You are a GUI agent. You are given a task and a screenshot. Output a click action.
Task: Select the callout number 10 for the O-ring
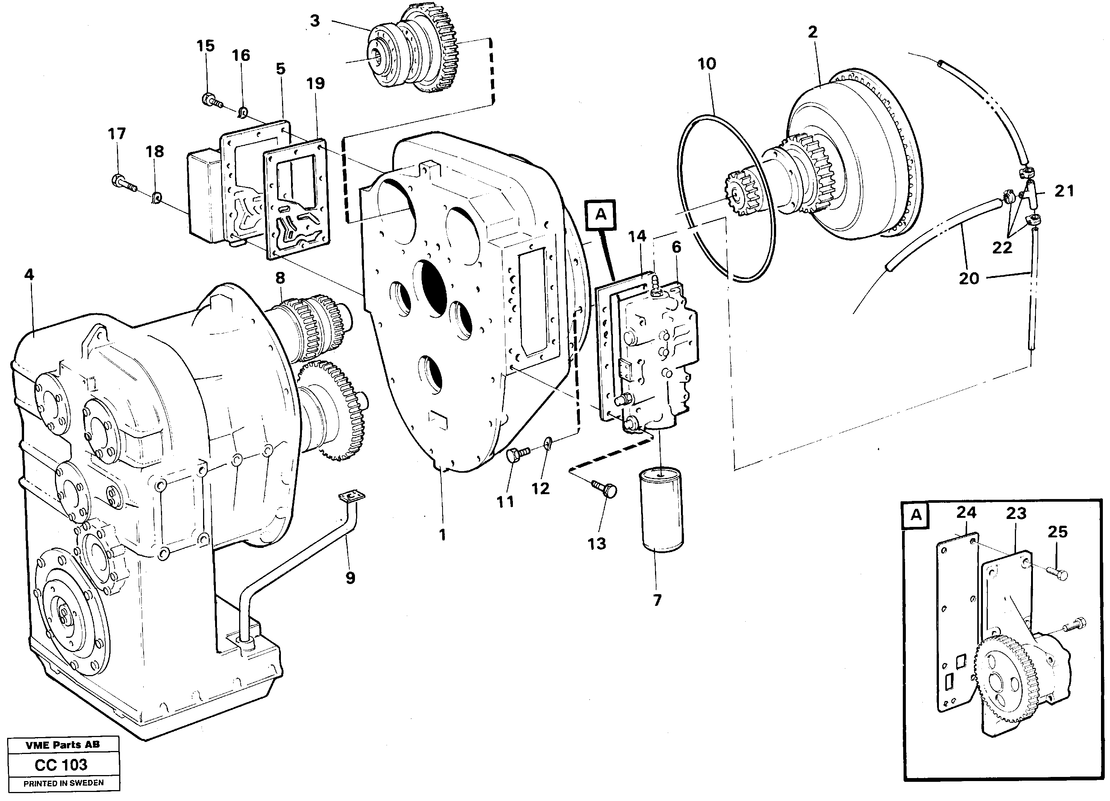coord(707,64)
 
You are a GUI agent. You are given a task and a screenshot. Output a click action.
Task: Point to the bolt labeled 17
coord(123,184)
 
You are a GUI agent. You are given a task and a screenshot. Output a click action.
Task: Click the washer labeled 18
coord(157,198)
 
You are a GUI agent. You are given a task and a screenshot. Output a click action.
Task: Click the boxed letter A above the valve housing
coord(600,214)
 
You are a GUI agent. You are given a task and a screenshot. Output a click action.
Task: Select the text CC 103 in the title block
coord(61,765)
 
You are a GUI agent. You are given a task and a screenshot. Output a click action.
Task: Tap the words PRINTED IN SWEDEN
coord(64,783)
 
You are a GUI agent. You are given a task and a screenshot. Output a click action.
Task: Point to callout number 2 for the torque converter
coord(813,33)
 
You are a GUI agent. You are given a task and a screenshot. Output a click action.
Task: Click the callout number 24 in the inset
coord(966,513)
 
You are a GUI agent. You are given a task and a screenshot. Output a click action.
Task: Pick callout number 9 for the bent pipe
coord(350,578)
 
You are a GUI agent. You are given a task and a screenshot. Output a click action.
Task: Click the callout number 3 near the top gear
coord(315,21)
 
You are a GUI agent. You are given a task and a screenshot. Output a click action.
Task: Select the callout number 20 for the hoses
coord(969,279)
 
